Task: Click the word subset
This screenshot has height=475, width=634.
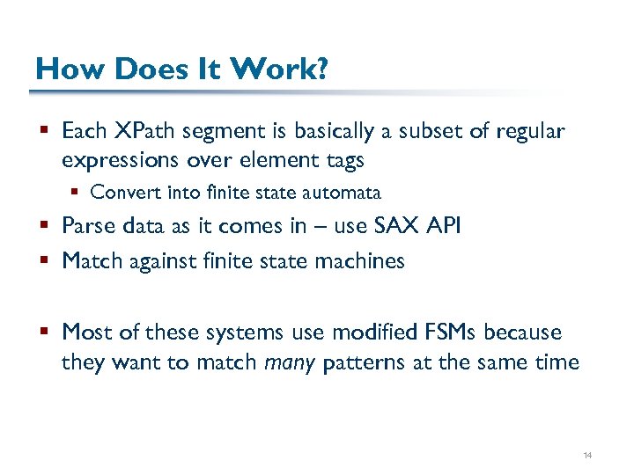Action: click(x=431, y=131)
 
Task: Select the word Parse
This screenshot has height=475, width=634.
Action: click(x=85, y=227)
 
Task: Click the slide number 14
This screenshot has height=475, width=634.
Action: click(x=587, y=455)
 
